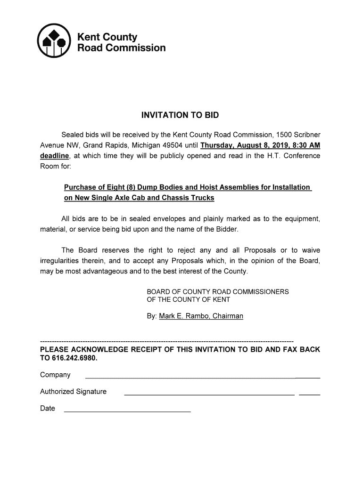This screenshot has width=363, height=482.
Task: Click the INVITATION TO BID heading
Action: click(181, 115)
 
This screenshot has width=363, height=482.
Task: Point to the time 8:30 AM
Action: click(306, 145)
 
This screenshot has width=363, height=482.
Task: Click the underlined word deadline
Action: click(55, 156)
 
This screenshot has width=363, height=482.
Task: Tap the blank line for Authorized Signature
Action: click(209, 394)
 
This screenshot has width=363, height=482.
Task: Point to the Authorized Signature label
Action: click(73, 392)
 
